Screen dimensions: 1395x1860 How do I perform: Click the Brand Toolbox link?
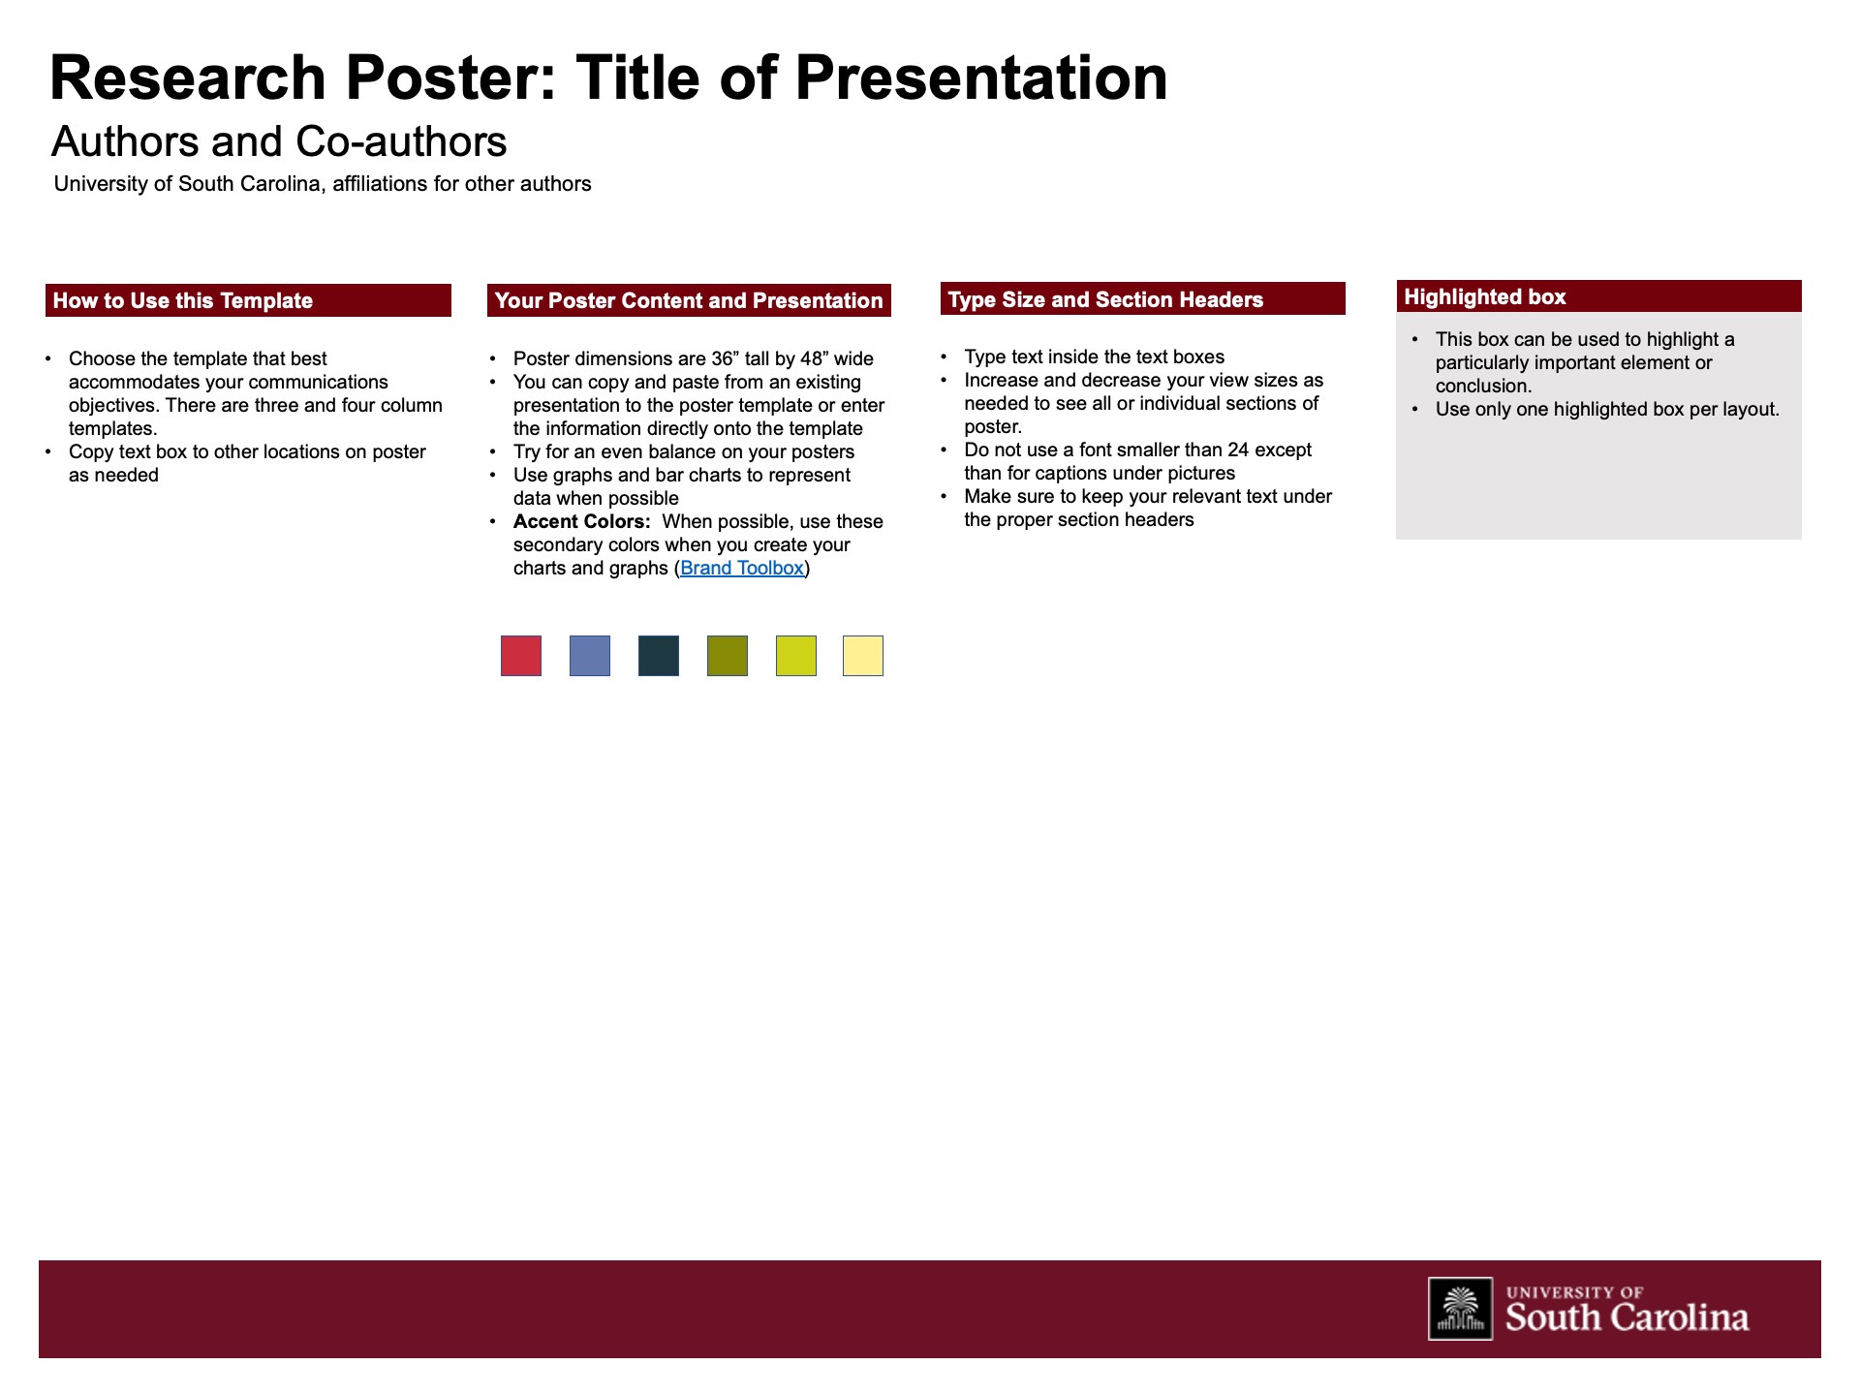click(x=742, y=568)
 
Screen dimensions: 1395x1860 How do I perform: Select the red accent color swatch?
click(x=521, y=656)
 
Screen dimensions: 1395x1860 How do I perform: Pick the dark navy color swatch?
click(x=659, y=656)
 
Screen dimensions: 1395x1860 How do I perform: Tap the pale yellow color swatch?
click(x=863, y=656)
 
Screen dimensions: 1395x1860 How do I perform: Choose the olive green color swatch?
click(x=728, y=656)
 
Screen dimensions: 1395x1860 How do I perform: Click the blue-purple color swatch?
click(x=590, y=656)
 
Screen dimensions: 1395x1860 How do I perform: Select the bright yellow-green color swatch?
click(x=796, y=656)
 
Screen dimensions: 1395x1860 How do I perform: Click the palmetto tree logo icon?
click(x=1460, y=1309)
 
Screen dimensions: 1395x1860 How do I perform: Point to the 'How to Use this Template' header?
click(x=183, y=300)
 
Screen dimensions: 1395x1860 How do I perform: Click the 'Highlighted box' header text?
click(x=1485, y=296)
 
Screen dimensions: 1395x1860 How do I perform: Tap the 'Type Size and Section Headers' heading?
click(x=1105, y=299)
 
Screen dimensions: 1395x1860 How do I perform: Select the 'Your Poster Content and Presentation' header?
click(x=689, y=300)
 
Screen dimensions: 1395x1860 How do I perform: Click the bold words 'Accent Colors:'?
click(x=581, y=521)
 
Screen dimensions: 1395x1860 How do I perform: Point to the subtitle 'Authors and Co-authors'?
click(x=279, y=141)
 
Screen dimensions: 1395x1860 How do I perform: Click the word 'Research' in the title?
click(x=188, y=77)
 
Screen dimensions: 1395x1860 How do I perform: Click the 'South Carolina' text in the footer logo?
click(x=1627, y=1317)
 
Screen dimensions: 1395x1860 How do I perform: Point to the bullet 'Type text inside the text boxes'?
click(x=1094, y=356)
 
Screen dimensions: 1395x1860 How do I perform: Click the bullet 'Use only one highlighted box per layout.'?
click(x=1607, y=409)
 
